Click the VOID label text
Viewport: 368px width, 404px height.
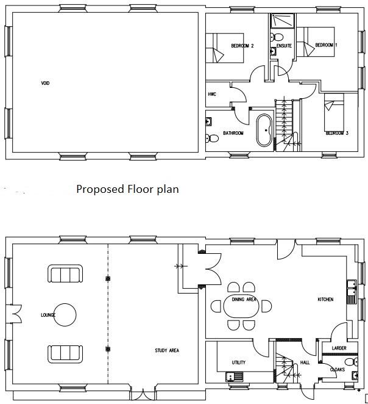pyautogui.click(x=45, y=83)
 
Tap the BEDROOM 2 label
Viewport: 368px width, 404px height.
pyautogui.click(x=242, y=46)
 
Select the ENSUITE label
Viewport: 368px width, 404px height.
pyautogui.click(x=283, y=46)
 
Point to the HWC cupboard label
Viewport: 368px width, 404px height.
pyautogui.click(x=213, y=95)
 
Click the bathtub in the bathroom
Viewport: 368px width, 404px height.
pyautogui.click(x=264, y=130)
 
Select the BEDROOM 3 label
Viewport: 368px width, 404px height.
pyautogui.click(x=336, y=133)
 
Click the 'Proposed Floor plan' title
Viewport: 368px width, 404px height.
pyautogui.click(x=127, y=189)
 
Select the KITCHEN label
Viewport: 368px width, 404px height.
pyautogui.click(x=325, y=300)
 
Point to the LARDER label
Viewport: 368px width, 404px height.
pyautogui.click(x=339, y=348)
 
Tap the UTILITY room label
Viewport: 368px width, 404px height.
pyautogui.click(x=238, y=363)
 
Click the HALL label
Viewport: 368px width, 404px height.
pyautogui.click(x=305, y=363)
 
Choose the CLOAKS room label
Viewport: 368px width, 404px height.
pyautogui.click(x=337, y=369)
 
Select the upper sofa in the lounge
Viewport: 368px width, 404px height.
pyautogui.click(x=65, y=275)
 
